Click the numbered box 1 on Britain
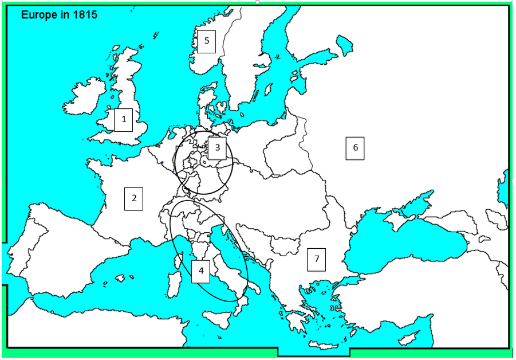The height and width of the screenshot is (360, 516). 123,120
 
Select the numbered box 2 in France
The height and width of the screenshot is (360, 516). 134,198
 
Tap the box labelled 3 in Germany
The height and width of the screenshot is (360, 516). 217,148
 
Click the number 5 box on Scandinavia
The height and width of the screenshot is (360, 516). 206,41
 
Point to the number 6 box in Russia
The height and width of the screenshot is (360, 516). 355,148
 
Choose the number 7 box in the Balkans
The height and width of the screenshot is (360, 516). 316,259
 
